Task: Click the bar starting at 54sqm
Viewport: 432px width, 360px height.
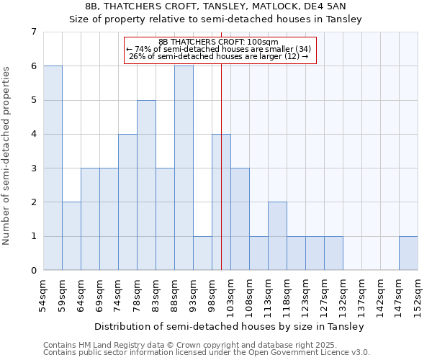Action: [x=53, y=168]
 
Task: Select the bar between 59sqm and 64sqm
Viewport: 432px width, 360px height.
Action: [x=71, y=236]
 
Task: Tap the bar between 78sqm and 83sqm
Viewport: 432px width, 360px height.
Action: [x=146, y=185]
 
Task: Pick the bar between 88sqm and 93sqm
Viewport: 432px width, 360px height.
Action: [x=184, y=168]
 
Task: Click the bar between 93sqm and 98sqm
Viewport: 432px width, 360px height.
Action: [x=202, y=253]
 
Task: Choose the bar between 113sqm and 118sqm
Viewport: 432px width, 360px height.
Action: [x=277, y=236]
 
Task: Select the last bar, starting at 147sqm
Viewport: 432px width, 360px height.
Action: [x=408, y=253]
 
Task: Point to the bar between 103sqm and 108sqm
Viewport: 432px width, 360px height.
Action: [x=240, y=219]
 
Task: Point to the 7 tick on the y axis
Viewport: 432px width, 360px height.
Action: [x=33, y=32]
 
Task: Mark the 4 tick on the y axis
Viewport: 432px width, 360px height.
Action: [x=33, y=134]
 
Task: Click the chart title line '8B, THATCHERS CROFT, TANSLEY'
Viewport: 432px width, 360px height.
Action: [x=216, y=6]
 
